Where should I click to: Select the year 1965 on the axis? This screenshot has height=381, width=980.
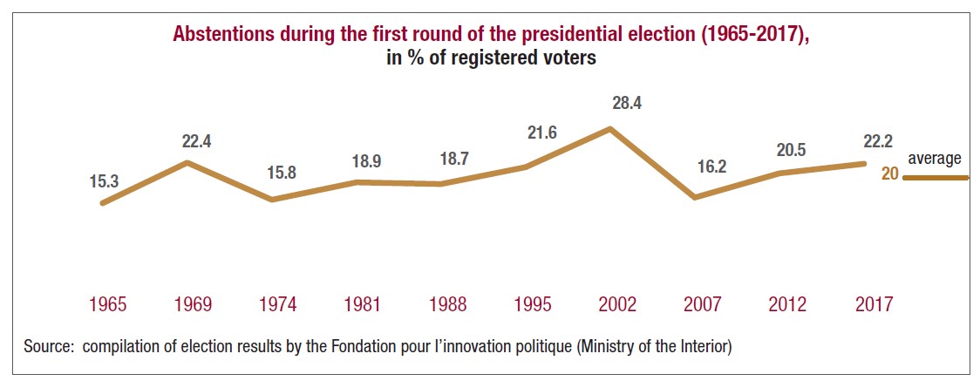click(x=107, y=304)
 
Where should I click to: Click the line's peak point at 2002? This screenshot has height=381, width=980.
click(x=610, y=128)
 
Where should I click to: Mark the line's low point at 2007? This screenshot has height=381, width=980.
click(x=695, y=198)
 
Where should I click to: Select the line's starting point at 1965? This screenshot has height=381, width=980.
click(x=103, y=203)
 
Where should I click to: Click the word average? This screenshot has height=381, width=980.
click(x=935, y=159)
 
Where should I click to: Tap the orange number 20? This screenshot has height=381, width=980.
click(x=889, y=174)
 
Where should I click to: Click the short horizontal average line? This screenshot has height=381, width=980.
click(x=935, y=178)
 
